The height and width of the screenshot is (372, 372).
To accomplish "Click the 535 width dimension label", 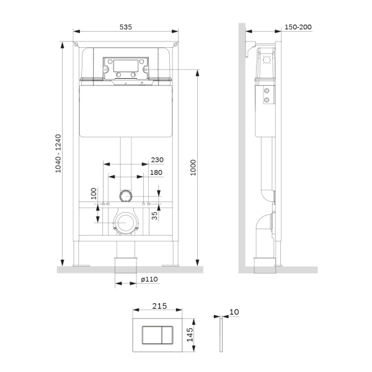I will (126, 27).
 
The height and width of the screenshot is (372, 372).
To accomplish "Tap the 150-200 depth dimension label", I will (298, 27).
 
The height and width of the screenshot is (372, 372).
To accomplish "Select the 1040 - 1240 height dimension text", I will (58, 154).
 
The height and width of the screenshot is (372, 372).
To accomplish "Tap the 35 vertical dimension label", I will (162, 214).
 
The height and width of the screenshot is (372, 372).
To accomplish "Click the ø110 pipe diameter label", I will (148, 280).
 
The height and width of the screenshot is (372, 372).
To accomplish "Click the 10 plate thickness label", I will (234, 312).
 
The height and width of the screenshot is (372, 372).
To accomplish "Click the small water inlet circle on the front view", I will (126, 195).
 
